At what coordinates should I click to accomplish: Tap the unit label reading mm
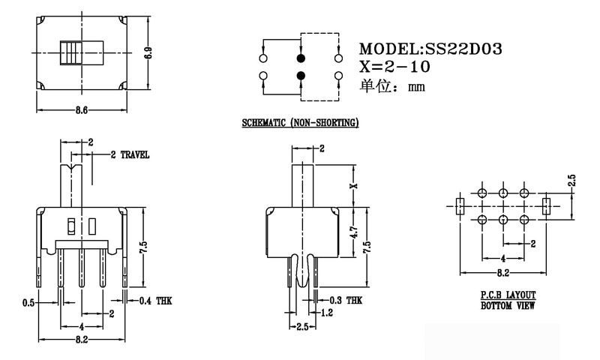pos(416,87)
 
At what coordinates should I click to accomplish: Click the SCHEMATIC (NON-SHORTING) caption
pos(300,122)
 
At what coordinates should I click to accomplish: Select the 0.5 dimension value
pos(28,303)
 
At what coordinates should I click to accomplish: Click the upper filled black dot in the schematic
pos(301,57)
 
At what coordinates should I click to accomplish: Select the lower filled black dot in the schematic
pos(301,75)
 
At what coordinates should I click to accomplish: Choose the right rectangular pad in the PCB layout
pos(546,205)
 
